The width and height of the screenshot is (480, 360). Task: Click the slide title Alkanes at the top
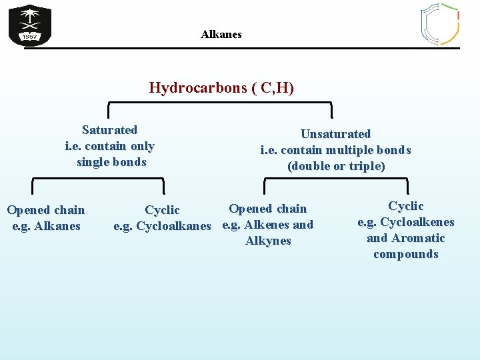pyautogui.click(x=221, y=34)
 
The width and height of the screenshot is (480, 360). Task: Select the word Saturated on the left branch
pyautogui.click(x=109, y=130)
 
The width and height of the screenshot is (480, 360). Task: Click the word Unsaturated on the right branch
pyautogui.click(x=335, y=134)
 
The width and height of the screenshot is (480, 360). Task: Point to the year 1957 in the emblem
pyautogui.click(x=29, y=37)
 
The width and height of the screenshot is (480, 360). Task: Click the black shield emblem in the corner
pyautogui.click(x=29, y=25)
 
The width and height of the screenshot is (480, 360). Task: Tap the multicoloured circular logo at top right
pyautogui.click(x=439, y=23)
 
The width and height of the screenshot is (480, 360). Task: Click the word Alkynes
pyautogui.click(x=268, y=241)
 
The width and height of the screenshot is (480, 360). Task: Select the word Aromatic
pyautogui.click(x=418, y=238)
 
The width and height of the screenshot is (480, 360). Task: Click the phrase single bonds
pyautogui.click(x=111, y=162)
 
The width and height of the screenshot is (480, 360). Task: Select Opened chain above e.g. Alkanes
pyautogui.click(x=46, y=210)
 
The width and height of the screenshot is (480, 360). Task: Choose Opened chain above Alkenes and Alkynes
pyautogui.click(x=267, y=209)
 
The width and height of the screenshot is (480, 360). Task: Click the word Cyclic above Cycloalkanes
pyautogui.click(x=162, y=210)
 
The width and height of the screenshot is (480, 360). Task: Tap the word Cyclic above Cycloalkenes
pyautogui.click(x=406, y=206)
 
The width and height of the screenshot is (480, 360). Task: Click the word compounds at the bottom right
pyautogui.click(x=406, y=254)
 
